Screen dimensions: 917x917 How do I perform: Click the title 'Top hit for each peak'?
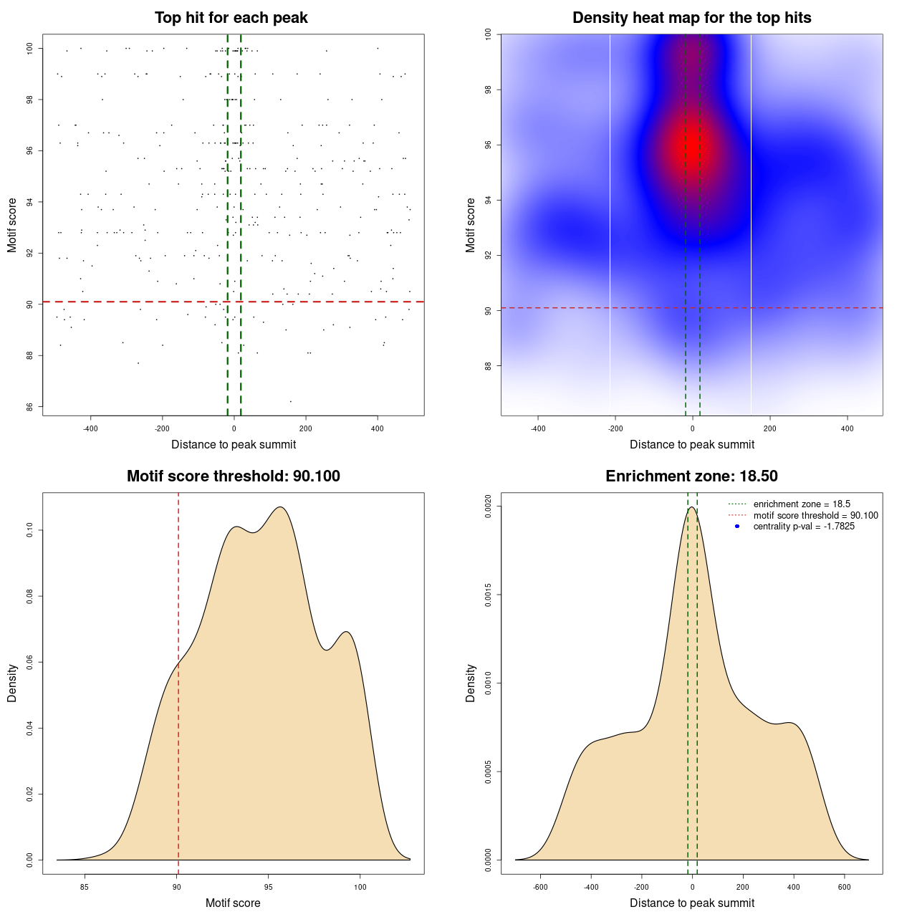[x=231, y=18]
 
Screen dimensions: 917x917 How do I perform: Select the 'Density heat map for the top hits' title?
[x=691, y=18]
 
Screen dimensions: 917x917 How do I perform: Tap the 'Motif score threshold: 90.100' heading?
[x=233, y=476]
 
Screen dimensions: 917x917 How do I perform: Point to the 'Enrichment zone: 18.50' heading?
[x=691, y=476]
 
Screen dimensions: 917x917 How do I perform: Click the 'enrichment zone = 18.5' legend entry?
[x=802, y=504]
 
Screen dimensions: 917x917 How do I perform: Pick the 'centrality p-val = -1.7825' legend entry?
[x=804, y=527]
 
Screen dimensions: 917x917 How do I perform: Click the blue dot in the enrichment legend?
[x=737, y=527]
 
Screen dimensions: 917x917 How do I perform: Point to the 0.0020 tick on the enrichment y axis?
[x=488, y=506]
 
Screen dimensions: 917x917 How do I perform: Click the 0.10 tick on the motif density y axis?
[x=29, y=530]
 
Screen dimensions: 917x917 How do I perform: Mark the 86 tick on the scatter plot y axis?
[x=29, y=407]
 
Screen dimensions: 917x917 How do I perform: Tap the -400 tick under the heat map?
[x=538, y=428]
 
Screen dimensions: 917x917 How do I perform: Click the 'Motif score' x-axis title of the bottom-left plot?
[x=233, y=903]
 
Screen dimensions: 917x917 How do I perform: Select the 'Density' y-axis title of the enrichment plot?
[x=471, y=683]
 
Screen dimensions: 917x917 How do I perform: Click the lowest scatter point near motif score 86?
[x=290, y=401]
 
